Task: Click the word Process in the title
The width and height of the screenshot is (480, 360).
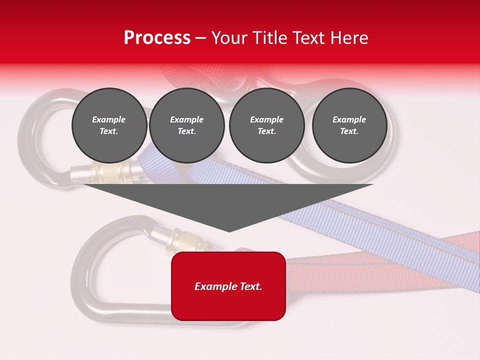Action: click(x=157, y=38)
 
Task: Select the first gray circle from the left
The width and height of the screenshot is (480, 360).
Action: click(x=109, y=125)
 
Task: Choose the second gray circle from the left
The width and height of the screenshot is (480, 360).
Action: click(x=187, y=125)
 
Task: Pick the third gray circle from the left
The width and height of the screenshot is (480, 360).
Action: click(x=267, y=125)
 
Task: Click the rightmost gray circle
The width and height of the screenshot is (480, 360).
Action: click(x=349, y=125)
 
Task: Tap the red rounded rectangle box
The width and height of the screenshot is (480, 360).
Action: click(x=228, y=305)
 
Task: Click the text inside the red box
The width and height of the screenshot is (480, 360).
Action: click(x=228, y=286)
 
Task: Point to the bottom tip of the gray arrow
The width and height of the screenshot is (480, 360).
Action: click(x=229, y=231)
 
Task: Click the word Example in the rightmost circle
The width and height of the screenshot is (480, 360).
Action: click(x=349, y=119)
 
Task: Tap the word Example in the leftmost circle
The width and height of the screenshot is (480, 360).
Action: click(x=109, y=119)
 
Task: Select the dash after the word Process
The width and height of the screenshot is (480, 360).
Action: click(x=200, y=38)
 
